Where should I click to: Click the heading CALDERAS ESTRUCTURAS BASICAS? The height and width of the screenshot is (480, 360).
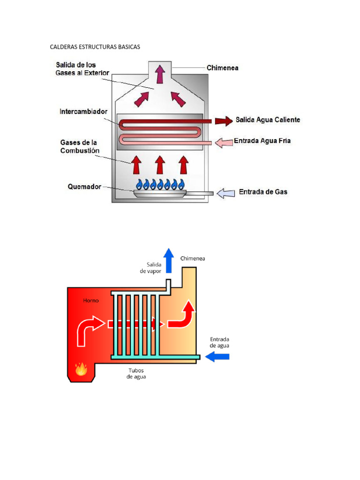click(95, 47)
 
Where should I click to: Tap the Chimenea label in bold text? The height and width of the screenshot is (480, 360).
click(223, 68)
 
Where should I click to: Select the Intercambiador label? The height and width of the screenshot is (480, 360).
click(83, 112)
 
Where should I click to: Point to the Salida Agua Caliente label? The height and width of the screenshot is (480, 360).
click(268, 120)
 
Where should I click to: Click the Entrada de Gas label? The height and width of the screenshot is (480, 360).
click(263, 192)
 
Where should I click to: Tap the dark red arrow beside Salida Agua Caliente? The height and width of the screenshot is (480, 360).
click(224, 121)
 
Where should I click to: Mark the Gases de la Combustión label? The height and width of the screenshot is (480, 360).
click(80, 146)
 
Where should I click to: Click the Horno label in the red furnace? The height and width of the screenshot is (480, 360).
click(91, 300)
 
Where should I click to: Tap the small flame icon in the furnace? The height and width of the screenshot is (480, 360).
click(81, 369)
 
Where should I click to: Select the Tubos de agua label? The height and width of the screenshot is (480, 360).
click(136, 374)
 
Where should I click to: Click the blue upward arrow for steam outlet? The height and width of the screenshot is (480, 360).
click(168, 261)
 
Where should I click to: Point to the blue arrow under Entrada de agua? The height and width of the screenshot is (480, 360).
click(218, 357)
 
